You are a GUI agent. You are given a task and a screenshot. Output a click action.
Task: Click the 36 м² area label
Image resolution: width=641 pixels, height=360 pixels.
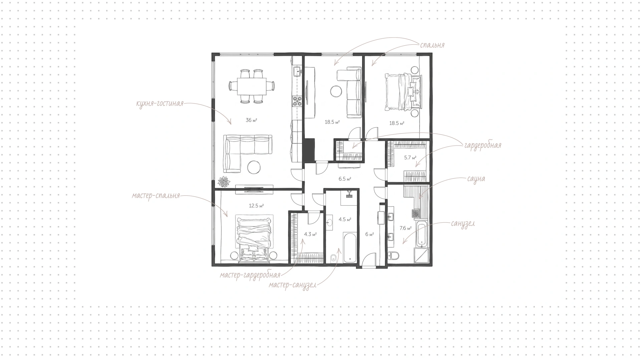[x=251, y=120]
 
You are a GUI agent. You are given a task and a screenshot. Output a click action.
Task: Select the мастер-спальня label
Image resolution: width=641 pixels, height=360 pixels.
[x=156, y=196]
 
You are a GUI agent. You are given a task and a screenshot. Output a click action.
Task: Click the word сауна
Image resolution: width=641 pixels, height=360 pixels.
[x=476, y=179]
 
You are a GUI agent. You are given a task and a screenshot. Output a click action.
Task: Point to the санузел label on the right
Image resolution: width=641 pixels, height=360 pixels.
[x=463, y=223]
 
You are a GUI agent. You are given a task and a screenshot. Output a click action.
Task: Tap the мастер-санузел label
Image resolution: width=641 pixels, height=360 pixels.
[x=292, y=286]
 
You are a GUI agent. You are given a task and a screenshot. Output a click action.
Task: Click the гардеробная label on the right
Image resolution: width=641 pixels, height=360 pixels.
[x=482, y=146]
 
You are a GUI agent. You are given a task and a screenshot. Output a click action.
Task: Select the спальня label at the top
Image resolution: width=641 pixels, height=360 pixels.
[x=432, y=45]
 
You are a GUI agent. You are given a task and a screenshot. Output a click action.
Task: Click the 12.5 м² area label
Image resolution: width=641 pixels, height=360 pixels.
[x=256, y=206]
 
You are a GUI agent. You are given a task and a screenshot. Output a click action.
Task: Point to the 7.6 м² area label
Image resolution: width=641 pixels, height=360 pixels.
[x=405, y=228]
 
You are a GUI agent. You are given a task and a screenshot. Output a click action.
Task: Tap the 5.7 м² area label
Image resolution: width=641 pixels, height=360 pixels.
[x=410, y=158]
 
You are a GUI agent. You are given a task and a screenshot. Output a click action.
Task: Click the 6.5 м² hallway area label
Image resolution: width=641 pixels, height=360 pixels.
[x=345, y=179]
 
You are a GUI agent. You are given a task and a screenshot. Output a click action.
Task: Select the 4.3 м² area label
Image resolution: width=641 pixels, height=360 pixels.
[x=310, y=234]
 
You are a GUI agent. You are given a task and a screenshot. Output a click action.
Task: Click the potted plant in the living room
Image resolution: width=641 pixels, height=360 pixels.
[x=224, y=182]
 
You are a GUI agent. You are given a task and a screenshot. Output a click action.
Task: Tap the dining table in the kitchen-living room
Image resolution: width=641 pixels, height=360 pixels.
[x=251, y=86]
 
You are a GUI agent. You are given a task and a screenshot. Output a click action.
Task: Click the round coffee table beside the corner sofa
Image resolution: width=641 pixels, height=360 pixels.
[x=255, y=167]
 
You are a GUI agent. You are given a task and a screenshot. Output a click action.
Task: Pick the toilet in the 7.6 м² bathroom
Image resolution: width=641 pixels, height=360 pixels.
[x=394, y=255]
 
